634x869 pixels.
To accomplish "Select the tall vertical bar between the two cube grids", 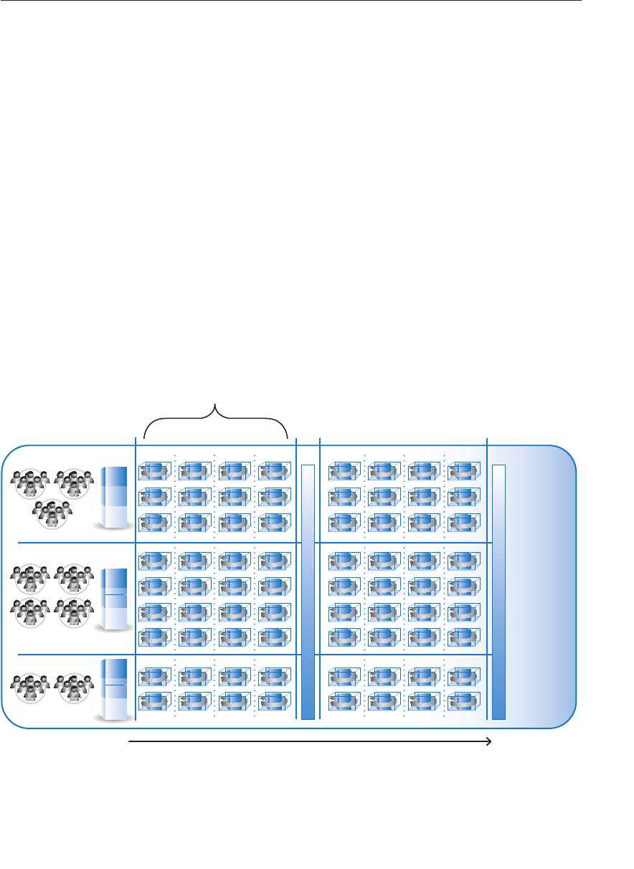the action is coord(308,592).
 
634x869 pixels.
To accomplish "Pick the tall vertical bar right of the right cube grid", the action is coord(499,592).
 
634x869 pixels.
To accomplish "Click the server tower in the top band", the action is coord(115,497).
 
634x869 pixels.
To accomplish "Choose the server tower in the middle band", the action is coord(115,599).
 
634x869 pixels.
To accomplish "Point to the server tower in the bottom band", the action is coord(115,690).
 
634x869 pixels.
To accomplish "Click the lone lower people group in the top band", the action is coord(52,513).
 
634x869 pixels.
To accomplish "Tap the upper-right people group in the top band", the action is coord(74,483).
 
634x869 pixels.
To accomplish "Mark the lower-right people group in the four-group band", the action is coord(74,612).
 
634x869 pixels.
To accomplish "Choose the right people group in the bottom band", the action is coord(74,687).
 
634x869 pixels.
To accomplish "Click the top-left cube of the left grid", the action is coord(155,470).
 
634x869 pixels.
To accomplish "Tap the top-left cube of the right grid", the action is coord(345,470).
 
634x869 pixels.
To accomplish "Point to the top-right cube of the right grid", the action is coord(464,470).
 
